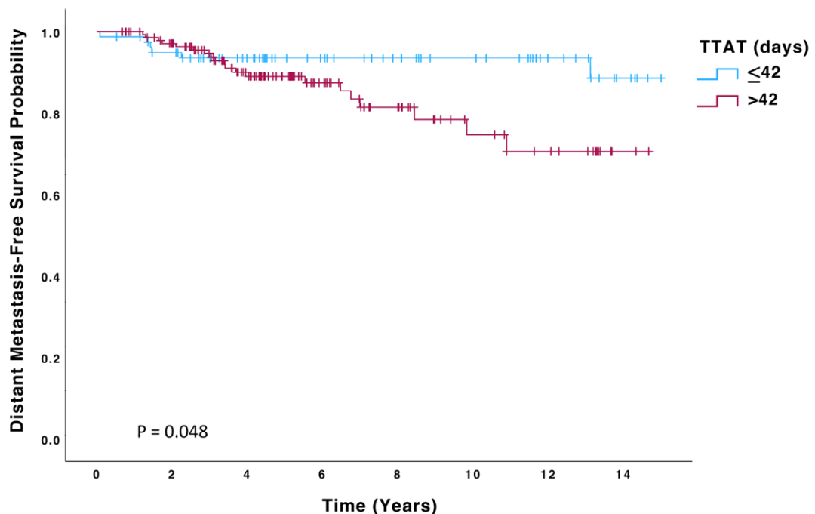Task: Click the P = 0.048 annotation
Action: [172, 432]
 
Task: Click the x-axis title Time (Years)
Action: [379, 505]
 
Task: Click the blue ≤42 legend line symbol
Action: [717, 74]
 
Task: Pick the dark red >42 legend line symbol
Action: [717, 100]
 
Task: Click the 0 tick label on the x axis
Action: [97, 474]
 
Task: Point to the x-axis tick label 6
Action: [322, 474]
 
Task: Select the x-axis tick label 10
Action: [472, 474]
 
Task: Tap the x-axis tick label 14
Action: [623, 474]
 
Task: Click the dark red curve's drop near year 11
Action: [506, 143]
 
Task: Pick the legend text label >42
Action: [762, 100]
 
